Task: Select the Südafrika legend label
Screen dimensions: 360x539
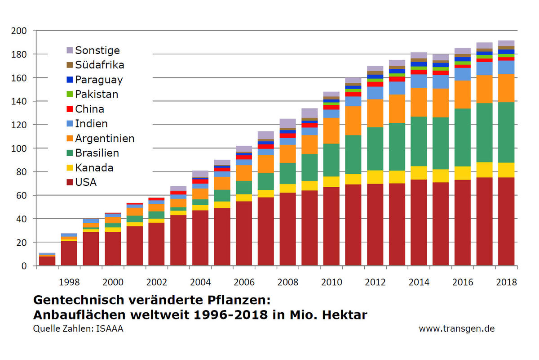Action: coord(99,65)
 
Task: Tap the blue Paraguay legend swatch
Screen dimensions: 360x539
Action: coord(69,80)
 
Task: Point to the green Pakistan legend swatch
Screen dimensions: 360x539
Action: coord(69,94)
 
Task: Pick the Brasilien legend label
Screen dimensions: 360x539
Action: coord(97,153)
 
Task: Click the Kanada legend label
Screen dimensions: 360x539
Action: coord(94,168)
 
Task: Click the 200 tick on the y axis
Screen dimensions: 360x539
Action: coord(19,31)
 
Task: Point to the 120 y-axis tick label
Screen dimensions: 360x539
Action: coord(19,125)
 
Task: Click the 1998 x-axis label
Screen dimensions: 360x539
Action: coord(69,282)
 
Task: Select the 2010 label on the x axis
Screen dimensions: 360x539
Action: coord(331,282)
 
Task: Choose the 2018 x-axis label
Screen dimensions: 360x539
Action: coord(506,282)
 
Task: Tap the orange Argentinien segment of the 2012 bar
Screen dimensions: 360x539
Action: coord(375,113)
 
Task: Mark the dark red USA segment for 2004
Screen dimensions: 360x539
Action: coord(200,238)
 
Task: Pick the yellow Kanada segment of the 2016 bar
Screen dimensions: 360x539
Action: coord(463,173)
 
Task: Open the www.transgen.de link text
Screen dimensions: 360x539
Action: coord(456,328)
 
